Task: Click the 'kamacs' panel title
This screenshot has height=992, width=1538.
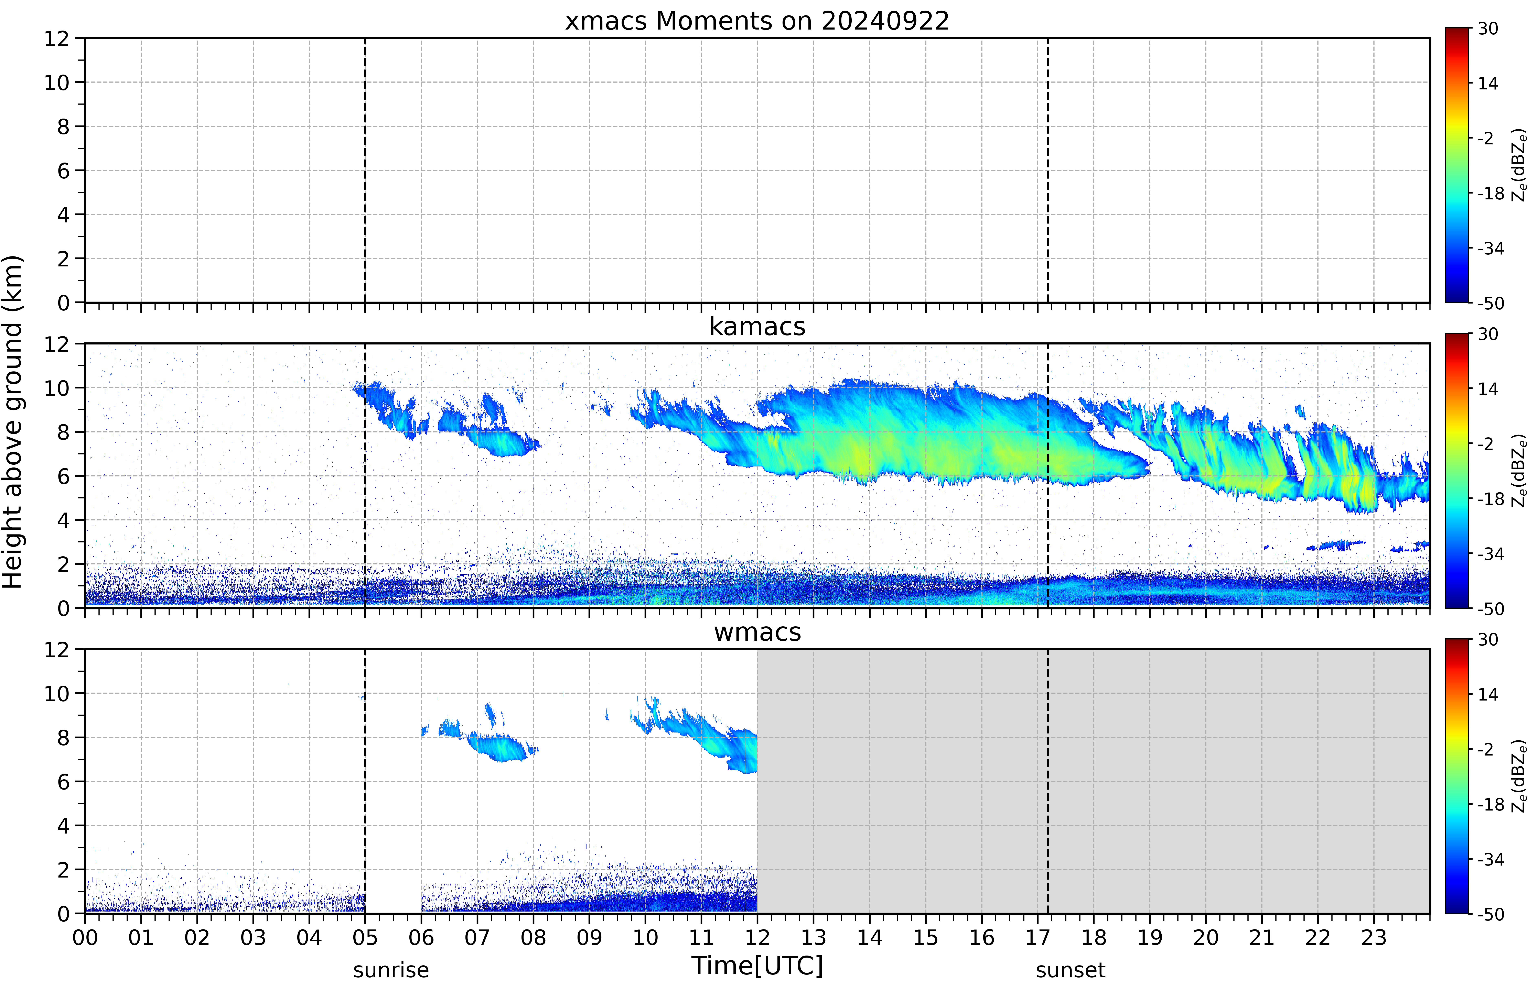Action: pyautogui.click(x=757, y=327)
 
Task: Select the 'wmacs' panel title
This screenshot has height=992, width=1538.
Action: pyautogui.click(x=757, y=632)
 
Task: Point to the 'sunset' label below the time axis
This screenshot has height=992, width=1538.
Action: pyautogui.click(x=1070, y=969)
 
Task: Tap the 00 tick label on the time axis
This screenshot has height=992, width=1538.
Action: pyautogui.click(x=85, y=937)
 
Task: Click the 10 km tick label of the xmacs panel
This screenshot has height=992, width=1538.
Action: pyautogui.click(x=57, y=82)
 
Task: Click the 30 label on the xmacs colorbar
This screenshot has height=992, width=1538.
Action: pyautogui.click(x=1488, y=28)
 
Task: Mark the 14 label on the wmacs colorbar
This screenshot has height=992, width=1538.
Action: pyautogui.click(x=1488, y=694)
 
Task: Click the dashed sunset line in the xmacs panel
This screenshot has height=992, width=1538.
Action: pyautogui.click(x=1048, y=170)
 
